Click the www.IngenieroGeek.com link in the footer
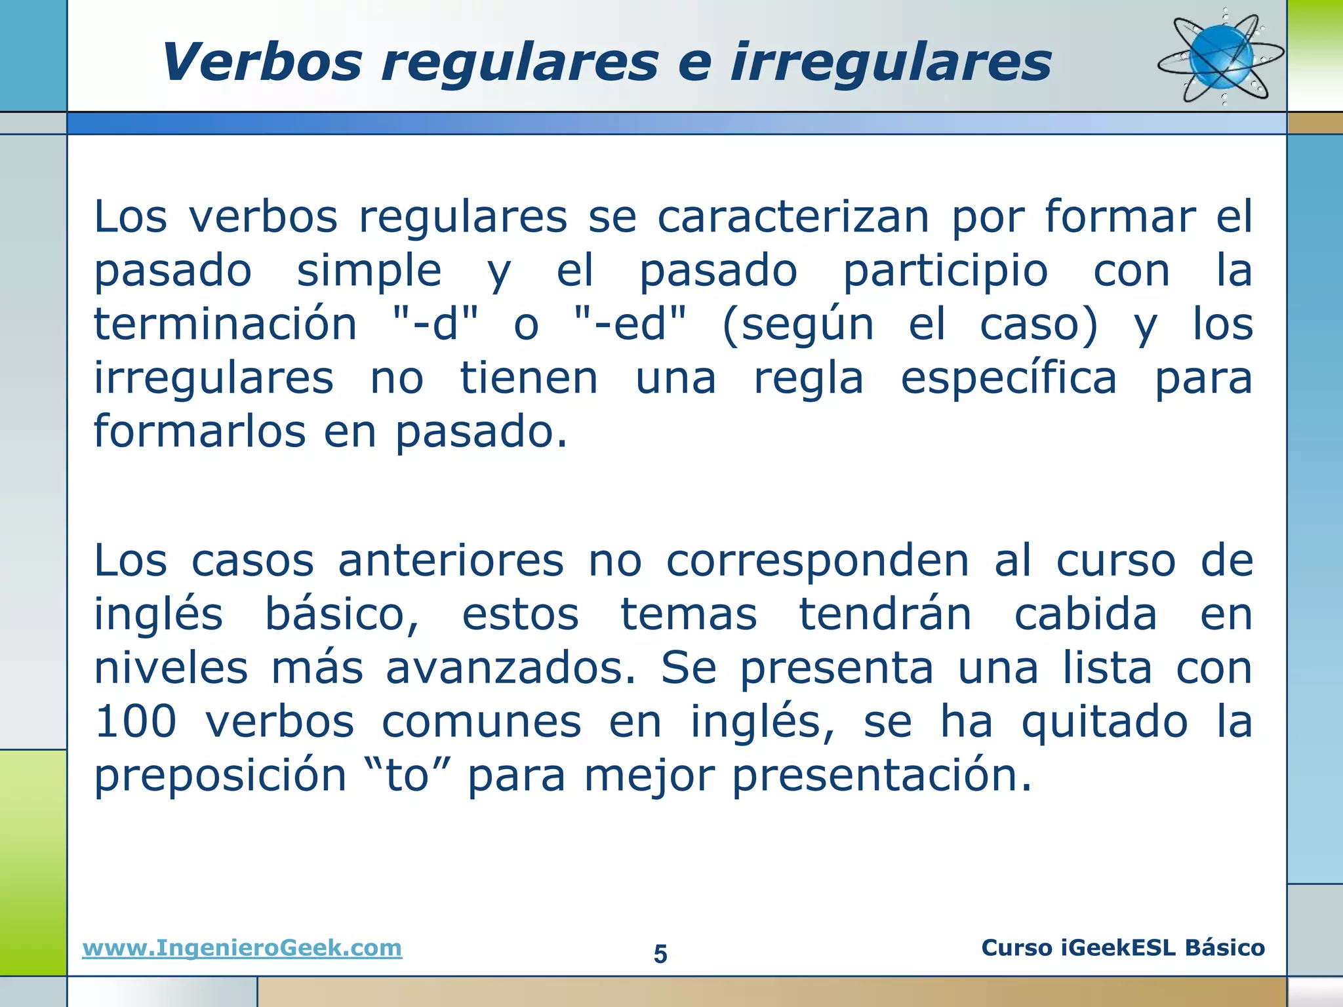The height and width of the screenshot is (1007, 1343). click(242, 948)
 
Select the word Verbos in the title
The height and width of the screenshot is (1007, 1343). click(262, 62)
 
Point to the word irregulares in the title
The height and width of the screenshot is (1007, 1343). click(891, 62)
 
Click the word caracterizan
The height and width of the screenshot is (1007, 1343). click(793, 217)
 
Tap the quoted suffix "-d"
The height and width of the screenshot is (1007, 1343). click(435, 325)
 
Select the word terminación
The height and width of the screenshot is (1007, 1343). click(226, 325)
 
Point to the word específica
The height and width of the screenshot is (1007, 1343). click(1009, 378)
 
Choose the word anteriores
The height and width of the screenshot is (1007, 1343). click(451, 561)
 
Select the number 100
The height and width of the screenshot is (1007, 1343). click(136, 722)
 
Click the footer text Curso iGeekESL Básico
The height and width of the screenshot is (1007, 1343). click(1123, 948)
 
